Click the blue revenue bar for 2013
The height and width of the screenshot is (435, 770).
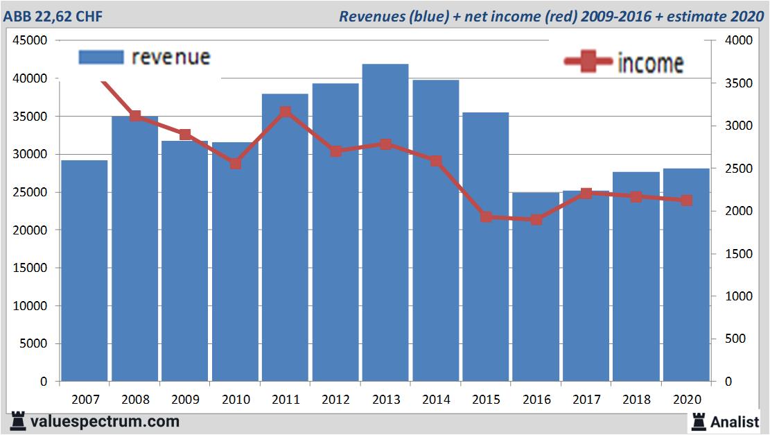click(385, 222)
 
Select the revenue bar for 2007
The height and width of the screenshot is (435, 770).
click(85, 271)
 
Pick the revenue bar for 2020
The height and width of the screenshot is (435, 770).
click(686, 275)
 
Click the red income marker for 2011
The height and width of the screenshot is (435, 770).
click(286, 112)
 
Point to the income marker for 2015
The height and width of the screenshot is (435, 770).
click(487, 217)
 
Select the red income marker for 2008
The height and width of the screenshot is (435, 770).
click(135, 116)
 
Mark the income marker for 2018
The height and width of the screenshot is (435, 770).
click(636, 196)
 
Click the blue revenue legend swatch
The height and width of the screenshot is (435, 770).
click(101, 57)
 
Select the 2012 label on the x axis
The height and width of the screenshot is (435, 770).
click(335, 400)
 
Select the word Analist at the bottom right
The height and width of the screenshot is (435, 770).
click(735, 421)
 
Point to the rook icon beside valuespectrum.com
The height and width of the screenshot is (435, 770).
click(17, 421)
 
